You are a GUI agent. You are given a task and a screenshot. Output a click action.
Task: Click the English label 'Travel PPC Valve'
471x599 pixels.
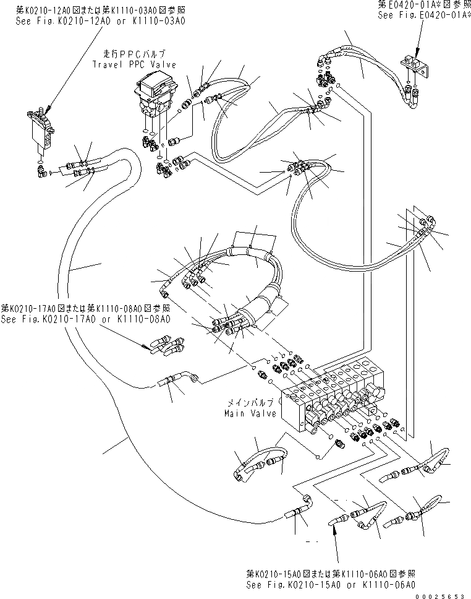(x=134, y=64)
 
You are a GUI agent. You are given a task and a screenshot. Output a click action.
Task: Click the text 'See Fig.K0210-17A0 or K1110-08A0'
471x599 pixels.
(x=85, y=319)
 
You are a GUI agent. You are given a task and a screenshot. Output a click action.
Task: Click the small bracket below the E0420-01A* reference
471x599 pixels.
(x=416, y=65)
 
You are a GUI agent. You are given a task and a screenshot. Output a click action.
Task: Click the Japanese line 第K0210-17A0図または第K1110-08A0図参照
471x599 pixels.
(x=85, y=308)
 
